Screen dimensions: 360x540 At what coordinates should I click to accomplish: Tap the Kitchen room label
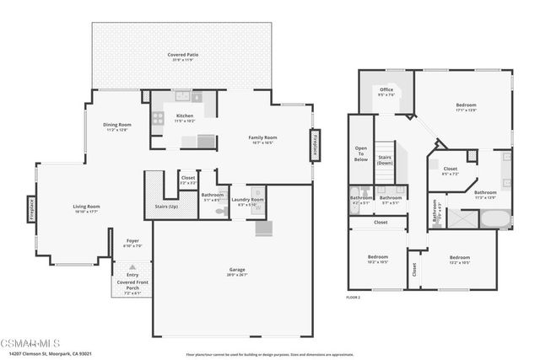[184, 116]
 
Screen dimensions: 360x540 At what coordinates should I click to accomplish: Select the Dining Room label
[117, 125]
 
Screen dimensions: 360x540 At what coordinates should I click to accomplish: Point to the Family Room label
[262, 137]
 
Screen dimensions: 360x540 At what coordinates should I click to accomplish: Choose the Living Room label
[86, 207]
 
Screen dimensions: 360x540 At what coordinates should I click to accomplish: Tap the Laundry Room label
[251, 200]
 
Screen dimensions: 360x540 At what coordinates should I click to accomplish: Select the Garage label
[237, 269]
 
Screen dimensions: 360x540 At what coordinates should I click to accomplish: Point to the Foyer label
[132, 241]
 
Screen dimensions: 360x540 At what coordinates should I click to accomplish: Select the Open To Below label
[360, 153]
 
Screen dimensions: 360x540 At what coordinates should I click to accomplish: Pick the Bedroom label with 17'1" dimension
[465, 105]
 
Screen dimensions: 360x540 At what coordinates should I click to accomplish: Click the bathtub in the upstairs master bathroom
[494, 218]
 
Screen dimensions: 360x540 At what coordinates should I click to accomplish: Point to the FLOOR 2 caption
[354, 298]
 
